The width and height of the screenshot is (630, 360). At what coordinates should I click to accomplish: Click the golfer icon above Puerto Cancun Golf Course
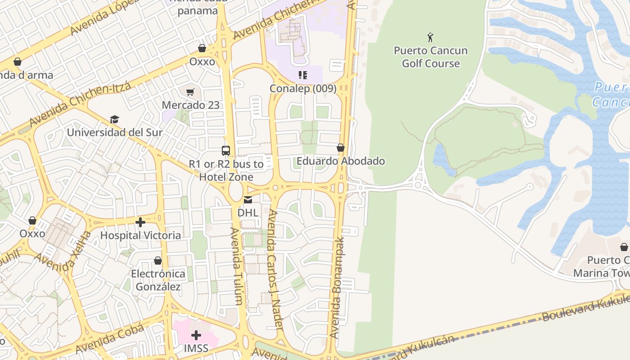coord(430,37)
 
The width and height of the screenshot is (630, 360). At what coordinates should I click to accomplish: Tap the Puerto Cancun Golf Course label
coord(431,57)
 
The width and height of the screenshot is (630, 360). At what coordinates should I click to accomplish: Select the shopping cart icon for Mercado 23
coord(190,92)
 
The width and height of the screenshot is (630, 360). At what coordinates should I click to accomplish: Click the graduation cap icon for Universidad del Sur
coord(114,120)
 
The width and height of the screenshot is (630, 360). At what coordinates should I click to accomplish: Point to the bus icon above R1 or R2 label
coord(226,151)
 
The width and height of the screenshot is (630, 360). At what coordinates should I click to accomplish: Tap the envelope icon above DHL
coord(248,200)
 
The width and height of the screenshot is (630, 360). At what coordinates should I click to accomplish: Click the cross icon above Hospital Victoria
coord(140,222)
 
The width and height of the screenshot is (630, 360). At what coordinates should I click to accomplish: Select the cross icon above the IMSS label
coord(196,335)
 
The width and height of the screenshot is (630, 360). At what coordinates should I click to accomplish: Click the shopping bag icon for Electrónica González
coord(158,261)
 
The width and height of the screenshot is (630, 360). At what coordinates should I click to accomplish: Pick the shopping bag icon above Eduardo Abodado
coord(341,148)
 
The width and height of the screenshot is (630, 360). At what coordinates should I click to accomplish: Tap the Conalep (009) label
coord(303,89)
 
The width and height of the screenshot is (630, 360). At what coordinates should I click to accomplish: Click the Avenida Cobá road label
coord(110,338)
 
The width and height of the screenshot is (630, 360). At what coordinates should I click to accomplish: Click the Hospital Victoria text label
coord(140,235)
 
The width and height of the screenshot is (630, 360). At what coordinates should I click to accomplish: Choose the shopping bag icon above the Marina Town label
coord(624,247)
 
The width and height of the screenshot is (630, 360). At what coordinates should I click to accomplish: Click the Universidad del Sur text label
coord(115,133)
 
